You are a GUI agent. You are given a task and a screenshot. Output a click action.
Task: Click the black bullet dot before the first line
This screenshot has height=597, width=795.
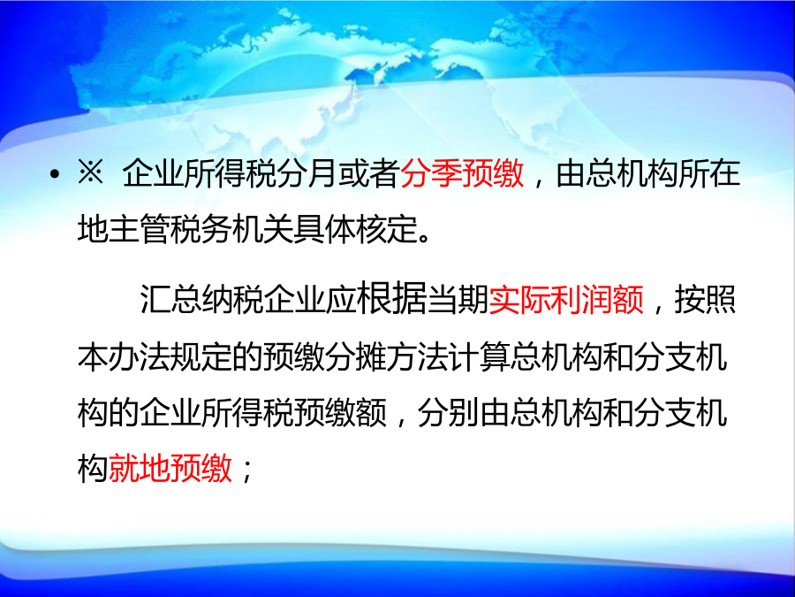click(55, 175)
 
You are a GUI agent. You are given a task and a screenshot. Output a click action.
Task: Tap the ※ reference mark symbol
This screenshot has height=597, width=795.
click(90, 172)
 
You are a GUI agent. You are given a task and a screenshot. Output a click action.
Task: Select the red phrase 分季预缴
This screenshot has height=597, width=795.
click(462, 173)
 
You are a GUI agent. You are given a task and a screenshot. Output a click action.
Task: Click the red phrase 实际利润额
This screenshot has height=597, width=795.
click(566, 299)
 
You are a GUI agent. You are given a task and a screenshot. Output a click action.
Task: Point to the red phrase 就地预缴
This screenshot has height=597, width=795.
click(170, 467)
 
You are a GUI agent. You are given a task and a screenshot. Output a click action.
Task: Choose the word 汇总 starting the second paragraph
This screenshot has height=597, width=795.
click(170, 299)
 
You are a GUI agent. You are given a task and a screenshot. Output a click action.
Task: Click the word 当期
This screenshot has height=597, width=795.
click(458, 299)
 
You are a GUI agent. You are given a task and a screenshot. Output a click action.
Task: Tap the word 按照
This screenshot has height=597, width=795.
click(705, 299)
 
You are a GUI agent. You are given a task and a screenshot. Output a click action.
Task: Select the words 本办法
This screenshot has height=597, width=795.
click(123, 357)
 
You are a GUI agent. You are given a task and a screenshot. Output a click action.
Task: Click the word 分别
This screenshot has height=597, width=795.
click(448, 412)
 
